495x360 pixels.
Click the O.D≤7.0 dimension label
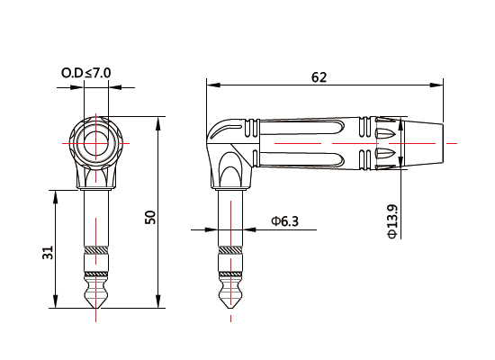(x=85, y=71)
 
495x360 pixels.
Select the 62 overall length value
(x=318, y=76)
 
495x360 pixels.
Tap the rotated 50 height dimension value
(x=150, y=217)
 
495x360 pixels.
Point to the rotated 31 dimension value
(x=48, y=254)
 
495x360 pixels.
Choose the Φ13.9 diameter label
(x=391, y=220)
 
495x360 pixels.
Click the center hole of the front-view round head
(x=95, y=142)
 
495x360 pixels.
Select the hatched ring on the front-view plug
(x=95, y=248)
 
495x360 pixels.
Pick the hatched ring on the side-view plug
(x=231, y=248)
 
